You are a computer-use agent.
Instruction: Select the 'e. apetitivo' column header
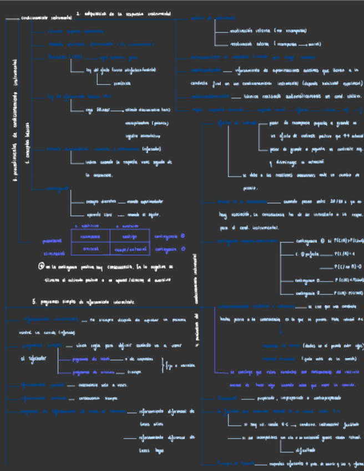pyautogui.click(x=85, y=226)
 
